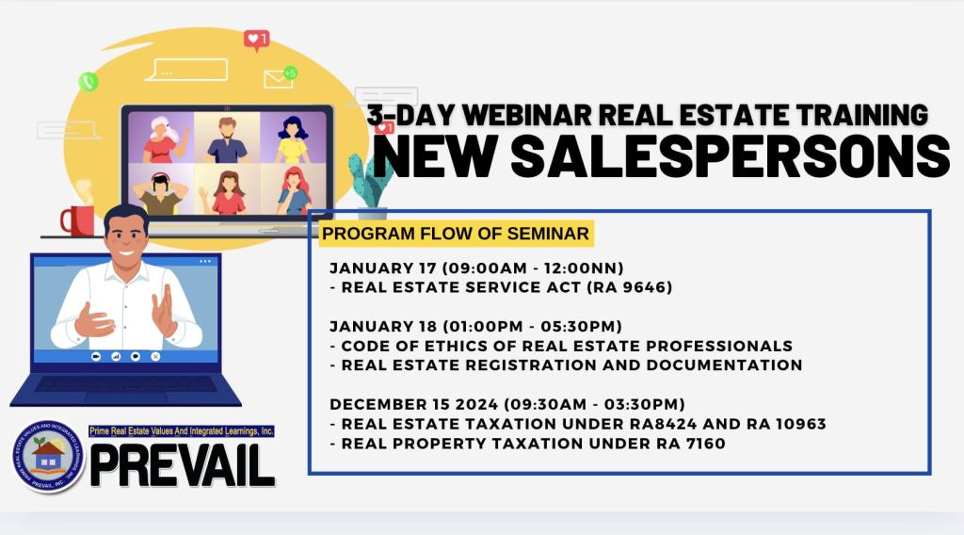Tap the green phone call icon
[88, 81]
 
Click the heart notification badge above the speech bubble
[256, 40]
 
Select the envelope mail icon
[278, 79]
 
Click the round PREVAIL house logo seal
[49, 457]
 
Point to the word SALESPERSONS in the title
[731, 156]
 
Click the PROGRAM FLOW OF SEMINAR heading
[456, 234]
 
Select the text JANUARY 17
[383, 268]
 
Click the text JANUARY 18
[384, 326]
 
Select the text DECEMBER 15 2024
[414, 404]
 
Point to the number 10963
[798, 424]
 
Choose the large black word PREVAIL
[183, 465]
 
